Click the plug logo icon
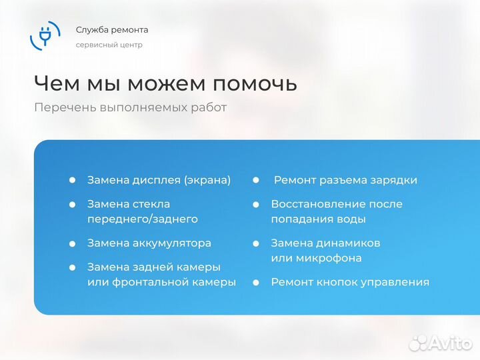tap(45, 35)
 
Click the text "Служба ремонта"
tap(112, 30)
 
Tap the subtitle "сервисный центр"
tap(109, 45)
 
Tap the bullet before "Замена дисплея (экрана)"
tap(72, 180)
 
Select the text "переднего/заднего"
tap(143, 219)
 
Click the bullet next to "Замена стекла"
tap(72, 204)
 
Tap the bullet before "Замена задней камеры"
tap(72, 267)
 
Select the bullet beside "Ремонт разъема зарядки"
tap(255, 180)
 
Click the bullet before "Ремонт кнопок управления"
tap(255, 282)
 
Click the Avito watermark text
tap(449, 343)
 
